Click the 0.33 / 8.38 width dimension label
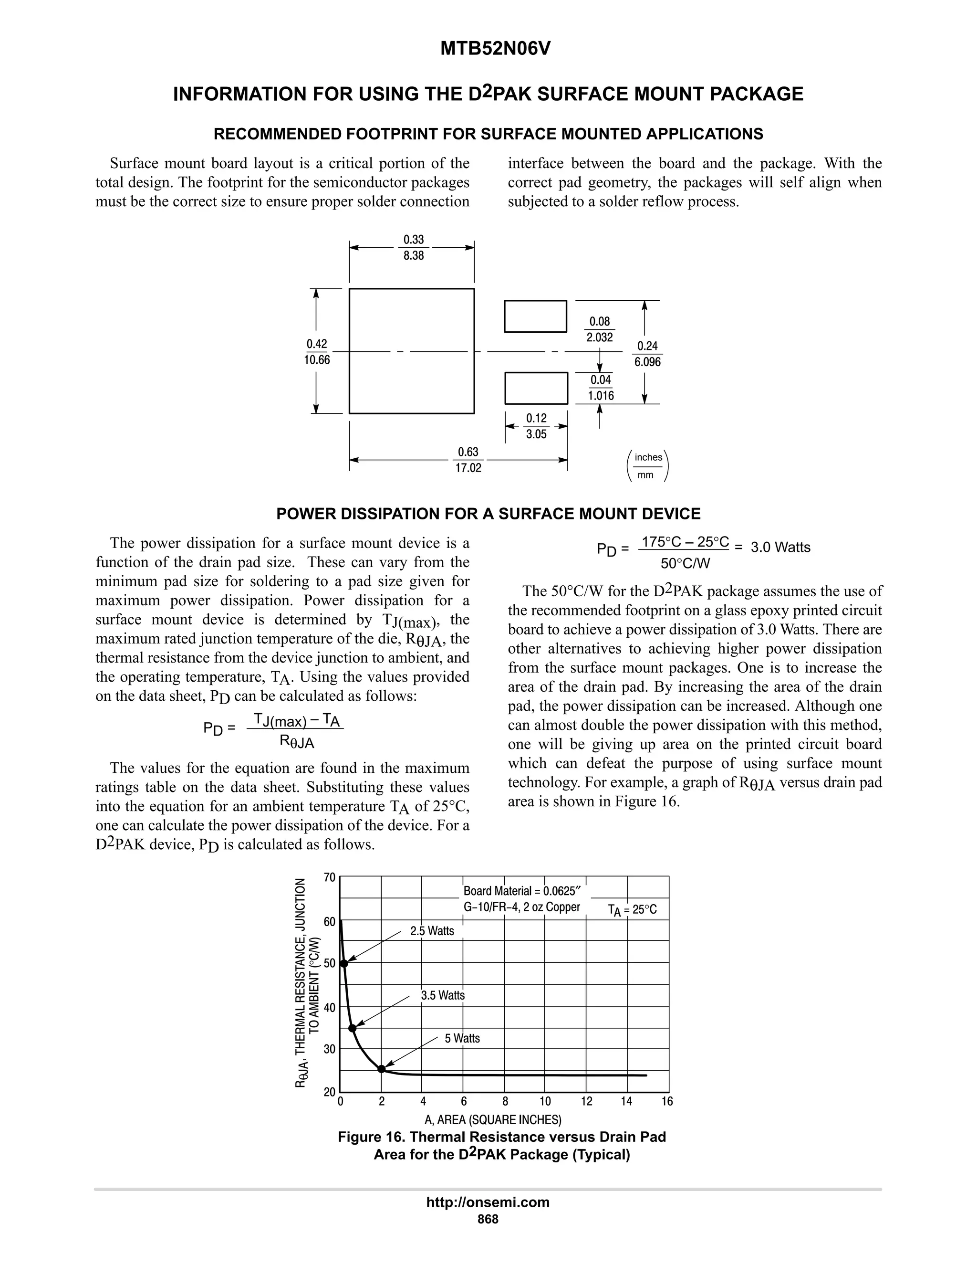pyautogui.click(x=413, y=247)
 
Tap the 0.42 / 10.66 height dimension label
pyautogui.click(x=317, y=352)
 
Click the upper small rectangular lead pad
pyautogui.click(x=535, y=316)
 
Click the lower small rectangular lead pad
pyautogui.click(x=536, y=388)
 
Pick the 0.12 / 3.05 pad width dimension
pyautogui.click(x=536, y=426)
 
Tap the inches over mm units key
pyautogui.click(x=648, y=466)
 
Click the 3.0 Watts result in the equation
pyautogui.click(x=780, y=548)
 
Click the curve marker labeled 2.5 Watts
pyautogui.click(x=344, y=963)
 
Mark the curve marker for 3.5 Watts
pyautogui.click(x=352, y=1028)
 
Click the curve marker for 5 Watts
pyautogui.click(x=382, y=1069)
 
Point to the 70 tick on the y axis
pyautogui.click(x=329, y=877)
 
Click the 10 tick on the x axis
pyautogui.click(x=545, y=1101)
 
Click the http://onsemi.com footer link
pyautogui.click(x=488, y=1202)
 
